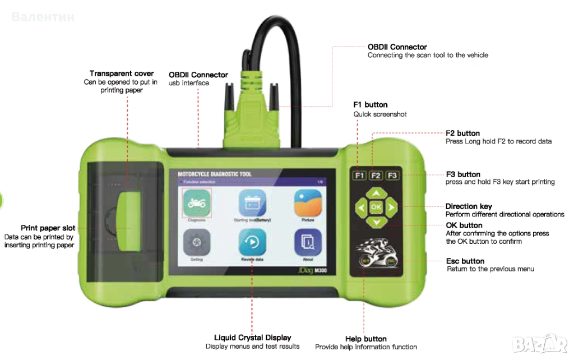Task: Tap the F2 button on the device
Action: (x=376, y=176)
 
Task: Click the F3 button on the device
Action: (x=393, y=176)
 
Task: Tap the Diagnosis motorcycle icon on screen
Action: (x=196, y=203)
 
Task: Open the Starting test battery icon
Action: (x=252, y=203)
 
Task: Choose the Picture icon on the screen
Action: (x=308, y=203)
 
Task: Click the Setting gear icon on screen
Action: (x=196, y=242)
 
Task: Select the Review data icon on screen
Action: (x=252, y=242)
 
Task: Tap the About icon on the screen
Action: (x=308, y=242)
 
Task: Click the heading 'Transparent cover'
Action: (x=122, y=73)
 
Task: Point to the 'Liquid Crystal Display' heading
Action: (x=253, y=338)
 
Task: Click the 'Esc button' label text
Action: (x=465, y=261)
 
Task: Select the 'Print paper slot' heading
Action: (x=48, y=228)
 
